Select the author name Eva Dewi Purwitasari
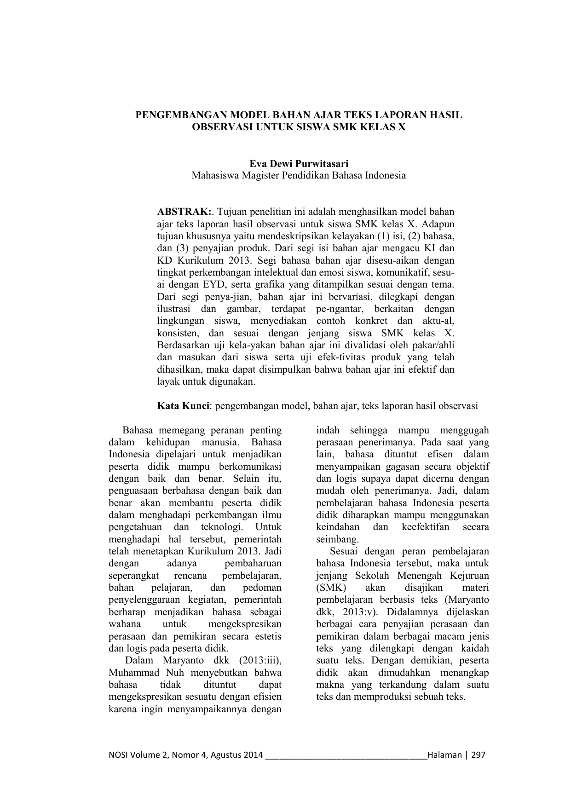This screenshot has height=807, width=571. pyautogui.click(x=299, y=164)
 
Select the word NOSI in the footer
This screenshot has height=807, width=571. pyautogui.click(x=118, y=755)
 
